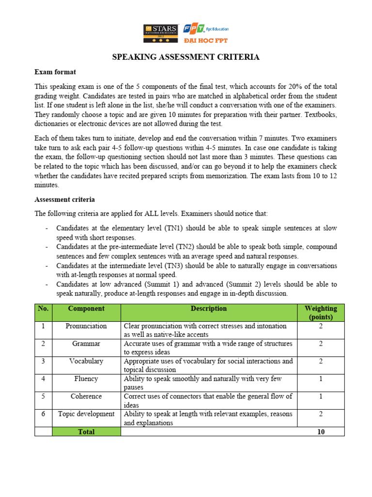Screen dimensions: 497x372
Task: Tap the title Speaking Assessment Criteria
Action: [186, 57]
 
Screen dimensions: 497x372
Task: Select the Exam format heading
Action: [55, 72]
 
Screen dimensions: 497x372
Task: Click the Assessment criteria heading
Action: [64, 199]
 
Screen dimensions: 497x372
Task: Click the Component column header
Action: [86, 309]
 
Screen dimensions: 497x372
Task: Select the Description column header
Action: [208, 309]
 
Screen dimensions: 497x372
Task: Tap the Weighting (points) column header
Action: [321, 313]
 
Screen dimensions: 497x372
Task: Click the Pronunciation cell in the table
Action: [86, 326]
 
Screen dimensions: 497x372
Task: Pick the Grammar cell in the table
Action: [86, 344]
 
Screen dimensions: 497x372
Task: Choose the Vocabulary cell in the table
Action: [86, 361]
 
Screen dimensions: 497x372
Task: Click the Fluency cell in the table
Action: [86, 379]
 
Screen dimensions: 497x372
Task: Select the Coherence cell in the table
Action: [86, 396]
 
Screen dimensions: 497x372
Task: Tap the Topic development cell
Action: [86, 414]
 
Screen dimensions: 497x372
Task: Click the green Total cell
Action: [86, 431]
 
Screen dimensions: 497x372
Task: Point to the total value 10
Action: [321, 431]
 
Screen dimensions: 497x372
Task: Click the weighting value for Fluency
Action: [321, 379]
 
